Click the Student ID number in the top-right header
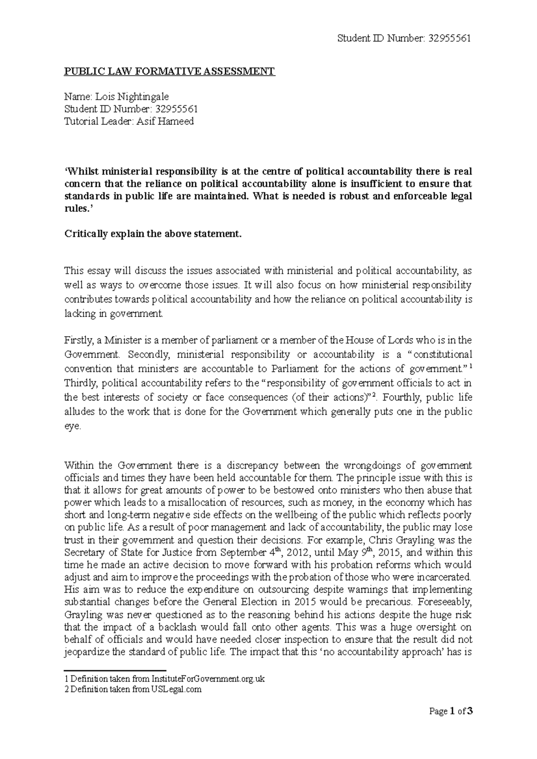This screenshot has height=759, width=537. [x=449, y=38]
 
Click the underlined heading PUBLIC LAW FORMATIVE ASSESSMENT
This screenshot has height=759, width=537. [x=170, y=71]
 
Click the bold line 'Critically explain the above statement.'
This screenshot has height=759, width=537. [x=153, y=234]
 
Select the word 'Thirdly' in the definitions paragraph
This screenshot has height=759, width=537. [x=80, y=383]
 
